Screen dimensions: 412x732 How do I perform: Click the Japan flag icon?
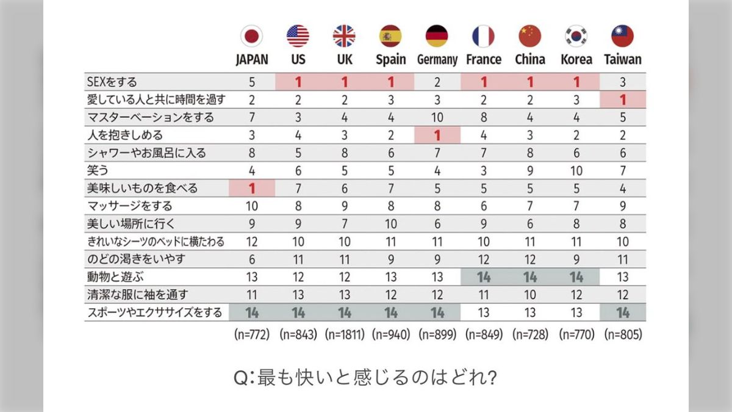(x=251, y=36)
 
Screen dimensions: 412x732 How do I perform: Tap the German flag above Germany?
(x=437, y=36)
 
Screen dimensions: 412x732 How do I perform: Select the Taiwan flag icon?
(x=622, y=36)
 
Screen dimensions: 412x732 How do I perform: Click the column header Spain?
(x=390, y=59)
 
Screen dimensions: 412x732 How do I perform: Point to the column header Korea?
(x=576, y=59)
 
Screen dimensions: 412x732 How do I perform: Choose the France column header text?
(x=483, y=59)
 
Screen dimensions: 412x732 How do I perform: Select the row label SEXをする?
(x=113, y=81)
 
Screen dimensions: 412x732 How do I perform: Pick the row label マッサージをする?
(x=130, y=206)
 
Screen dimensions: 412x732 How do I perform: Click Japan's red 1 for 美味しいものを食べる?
(x=251, y=188)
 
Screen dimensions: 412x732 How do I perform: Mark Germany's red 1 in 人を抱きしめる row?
(x=437, y=134)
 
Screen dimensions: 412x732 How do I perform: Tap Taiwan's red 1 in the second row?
(x=622, y=99)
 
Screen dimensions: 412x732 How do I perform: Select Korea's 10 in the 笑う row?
(x=576, y=170)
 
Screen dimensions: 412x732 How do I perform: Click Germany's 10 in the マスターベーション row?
(x=437, y=117)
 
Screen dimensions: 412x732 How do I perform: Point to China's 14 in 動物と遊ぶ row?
(x=529, y=277)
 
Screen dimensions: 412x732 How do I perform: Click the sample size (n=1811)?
(x=344, y=334)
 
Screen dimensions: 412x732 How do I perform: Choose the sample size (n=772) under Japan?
(x=251, y=334)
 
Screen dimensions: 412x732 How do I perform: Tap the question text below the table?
(x=365, y=377)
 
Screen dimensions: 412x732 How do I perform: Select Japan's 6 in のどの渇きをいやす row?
(x=251, y=259)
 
